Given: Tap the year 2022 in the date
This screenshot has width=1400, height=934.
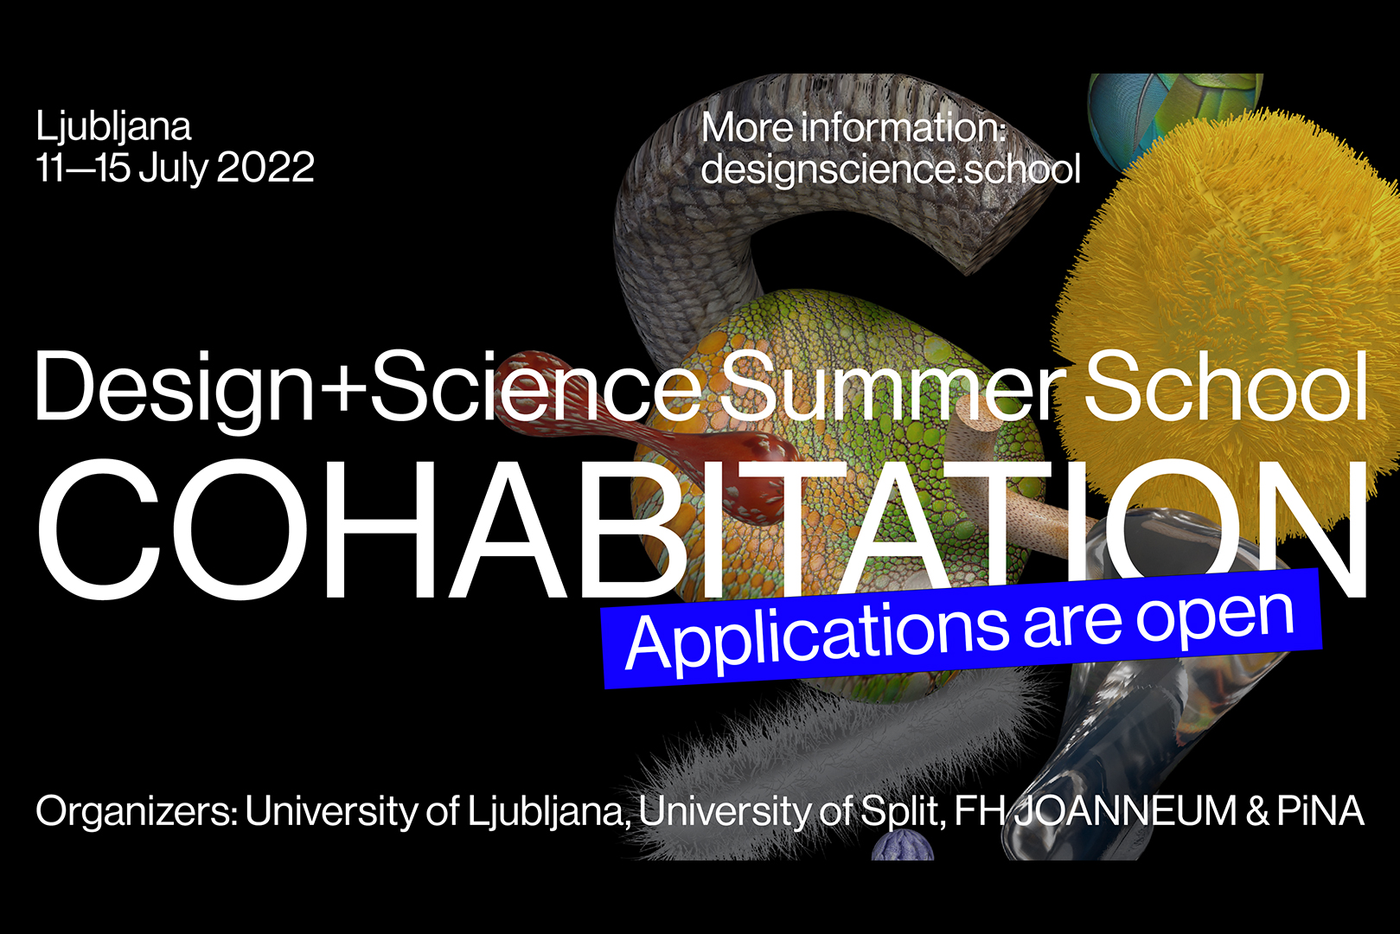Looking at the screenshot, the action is pos(265,167).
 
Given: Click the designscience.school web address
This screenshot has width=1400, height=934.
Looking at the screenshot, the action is pos(891,169).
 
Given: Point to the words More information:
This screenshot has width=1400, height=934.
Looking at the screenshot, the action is pos(853,127).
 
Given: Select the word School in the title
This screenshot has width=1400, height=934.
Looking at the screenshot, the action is pos(1225,385).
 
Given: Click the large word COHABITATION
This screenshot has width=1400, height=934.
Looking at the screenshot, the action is pos(701,529).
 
